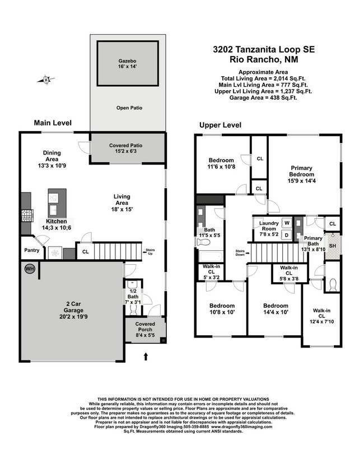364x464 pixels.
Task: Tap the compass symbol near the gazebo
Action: [47, 79]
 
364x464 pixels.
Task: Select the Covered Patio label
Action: [128, 148]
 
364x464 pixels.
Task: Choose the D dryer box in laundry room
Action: [287, 235]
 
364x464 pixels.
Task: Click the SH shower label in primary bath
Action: [332, 246]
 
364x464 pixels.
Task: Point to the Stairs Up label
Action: [150, 251]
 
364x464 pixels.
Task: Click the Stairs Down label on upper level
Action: [241, 252]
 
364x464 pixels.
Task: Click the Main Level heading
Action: [53, 123]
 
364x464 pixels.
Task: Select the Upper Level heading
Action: [220, 125]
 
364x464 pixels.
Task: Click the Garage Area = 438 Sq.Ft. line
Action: [263, 97]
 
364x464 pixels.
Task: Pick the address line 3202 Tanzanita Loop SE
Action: [264, 49]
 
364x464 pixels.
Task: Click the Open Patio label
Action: [128, 107]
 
